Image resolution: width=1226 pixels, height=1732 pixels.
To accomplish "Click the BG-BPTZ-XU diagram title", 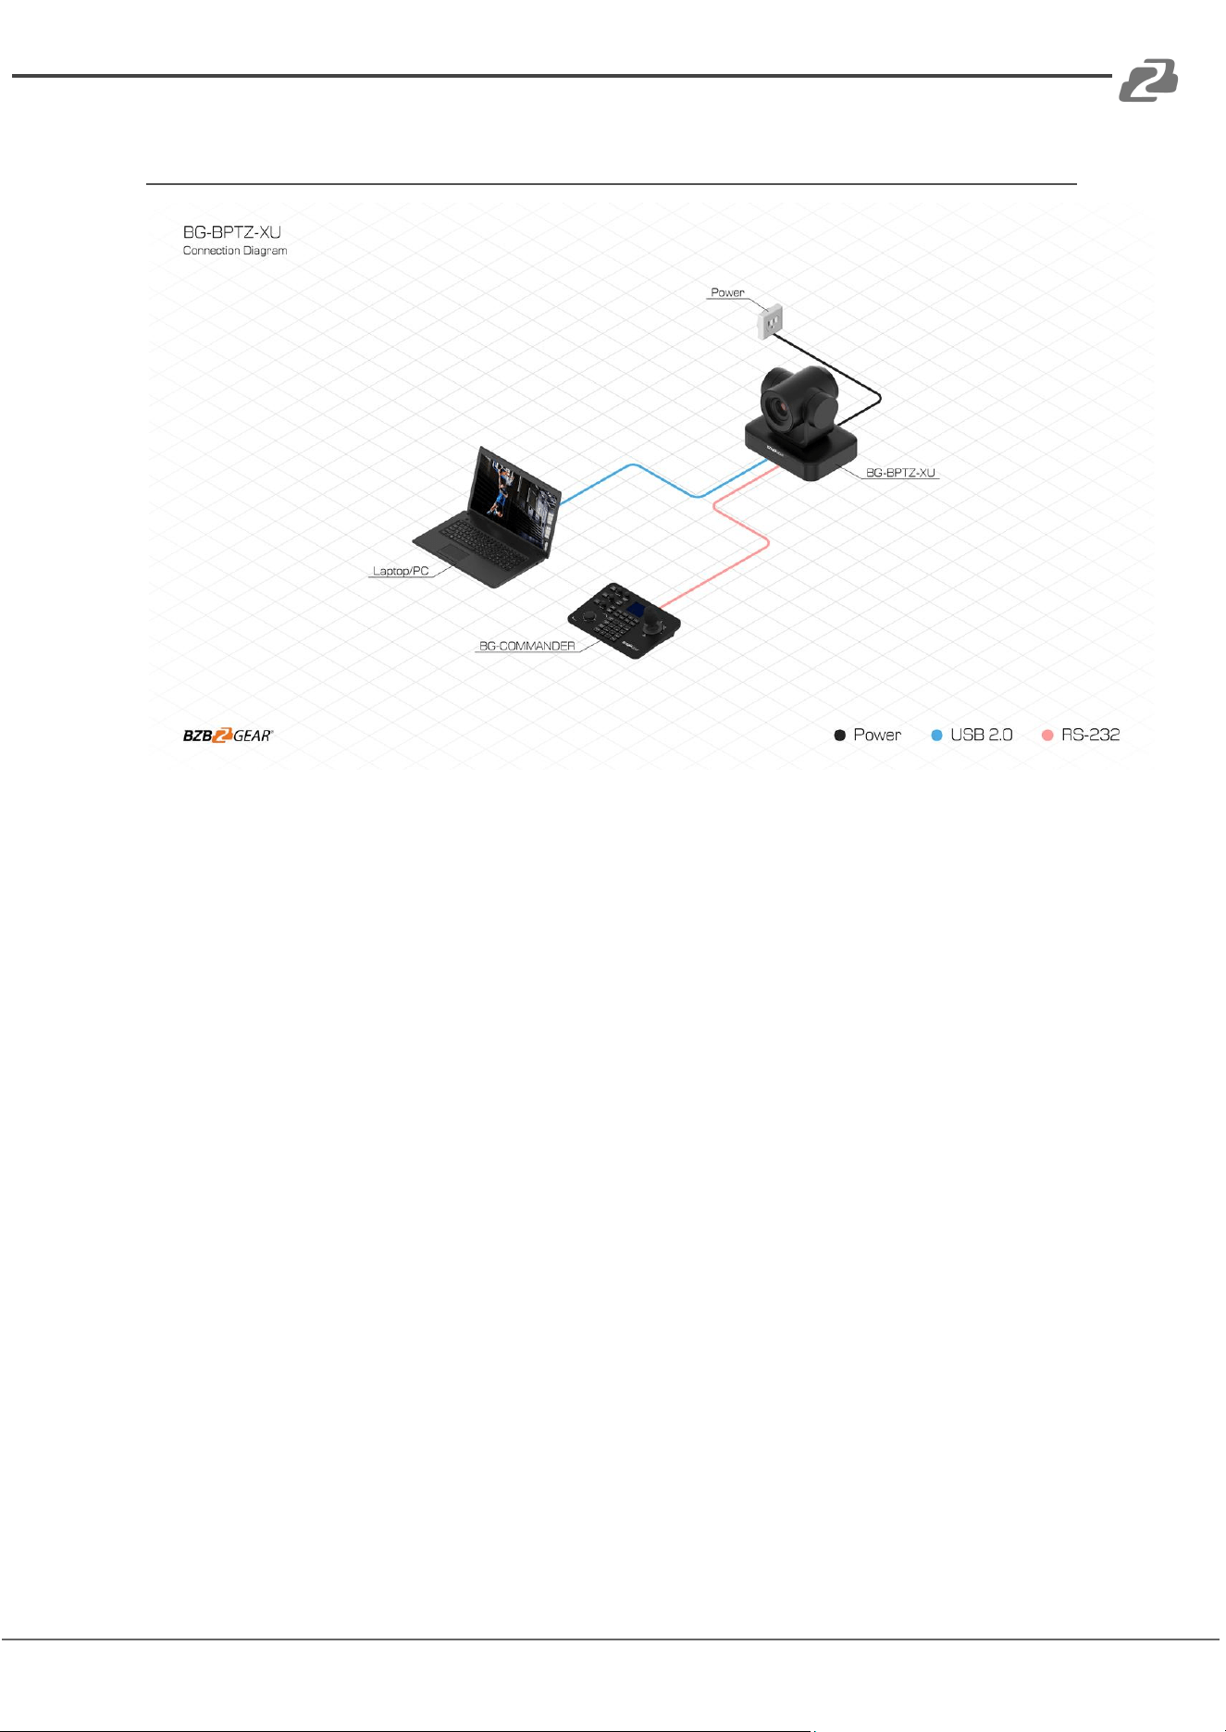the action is tap(231, 231).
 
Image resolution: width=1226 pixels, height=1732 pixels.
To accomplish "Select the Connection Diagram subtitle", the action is tap(235, 251).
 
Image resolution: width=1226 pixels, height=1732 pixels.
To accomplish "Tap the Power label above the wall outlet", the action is tap(727, 292).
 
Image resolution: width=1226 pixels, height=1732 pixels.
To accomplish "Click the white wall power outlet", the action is tap(770, 322).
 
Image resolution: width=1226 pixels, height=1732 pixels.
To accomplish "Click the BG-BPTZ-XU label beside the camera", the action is tap(900, 473).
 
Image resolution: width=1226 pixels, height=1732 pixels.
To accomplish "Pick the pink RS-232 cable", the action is tap(767, 543).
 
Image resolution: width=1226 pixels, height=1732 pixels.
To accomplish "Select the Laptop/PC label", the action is tap(401, 571).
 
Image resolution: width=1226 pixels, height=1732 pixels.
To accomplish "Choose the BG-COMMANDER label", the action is tap(526, 646).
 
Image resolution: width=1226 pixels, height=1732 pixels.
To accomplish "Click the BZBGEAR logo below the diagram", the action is tap(228, 736).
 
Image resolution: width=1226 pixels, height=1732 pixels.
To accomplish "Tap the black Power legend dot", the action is tap(840, 736).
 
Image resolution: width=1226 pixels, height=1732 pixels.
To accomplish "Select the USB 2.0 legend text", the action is tap(982, 735).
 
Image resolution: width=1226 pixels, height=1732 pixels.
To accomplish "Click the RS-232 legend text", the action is tap(1090, 735).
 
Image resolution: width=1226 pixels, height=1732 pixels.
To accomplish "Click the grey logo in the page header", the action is tap(1148, 80).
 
